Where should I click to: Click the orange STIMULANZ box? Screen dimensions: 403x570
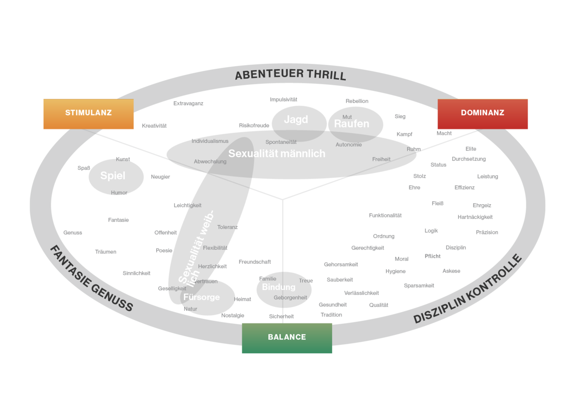coord(88,113)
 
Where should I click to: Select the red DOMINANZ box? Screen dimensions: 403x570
coord(483,113)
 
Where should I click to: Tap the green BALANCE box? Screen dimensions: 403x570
coord(286,337)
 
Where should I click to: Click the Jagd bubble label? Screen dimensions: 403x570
coord(296,120)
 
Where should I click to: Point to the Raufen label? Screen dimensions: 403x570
coord(351,124)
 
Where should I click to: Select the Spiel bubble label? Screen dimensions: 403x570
coord(113,176)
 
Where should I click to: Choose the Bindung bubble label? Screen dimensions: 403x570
coord(278,287)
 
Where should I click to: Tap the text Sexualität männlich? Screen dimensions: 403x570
coord(276,154)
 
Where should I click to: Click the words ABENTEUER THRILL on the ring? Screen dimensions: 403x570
coord(290,75)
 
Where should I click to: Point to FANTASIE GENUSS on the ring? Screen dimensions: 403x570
coord(91,279)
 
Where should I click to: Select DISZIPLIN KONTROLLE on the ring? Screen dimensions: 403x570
coord(468,290)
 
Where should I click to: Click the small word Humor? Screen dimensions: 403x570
coord(119,193)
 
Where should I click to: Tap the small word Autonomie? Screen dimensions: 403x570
coord(349,145)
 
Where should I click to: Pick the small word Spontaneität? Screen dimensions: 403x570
coord(281,142)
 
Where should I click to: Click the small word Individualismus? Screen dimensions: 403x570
coord(210,141)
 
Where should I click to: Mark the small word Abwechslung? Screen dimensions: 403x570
coord(210,161)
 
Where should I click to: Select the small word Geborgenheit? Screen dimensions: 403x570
coord(290,298)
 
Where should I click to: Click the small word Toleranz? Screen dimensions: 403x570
coord(228,227)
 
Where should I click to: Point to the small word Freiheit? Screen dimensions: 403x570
coord(381,159)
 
